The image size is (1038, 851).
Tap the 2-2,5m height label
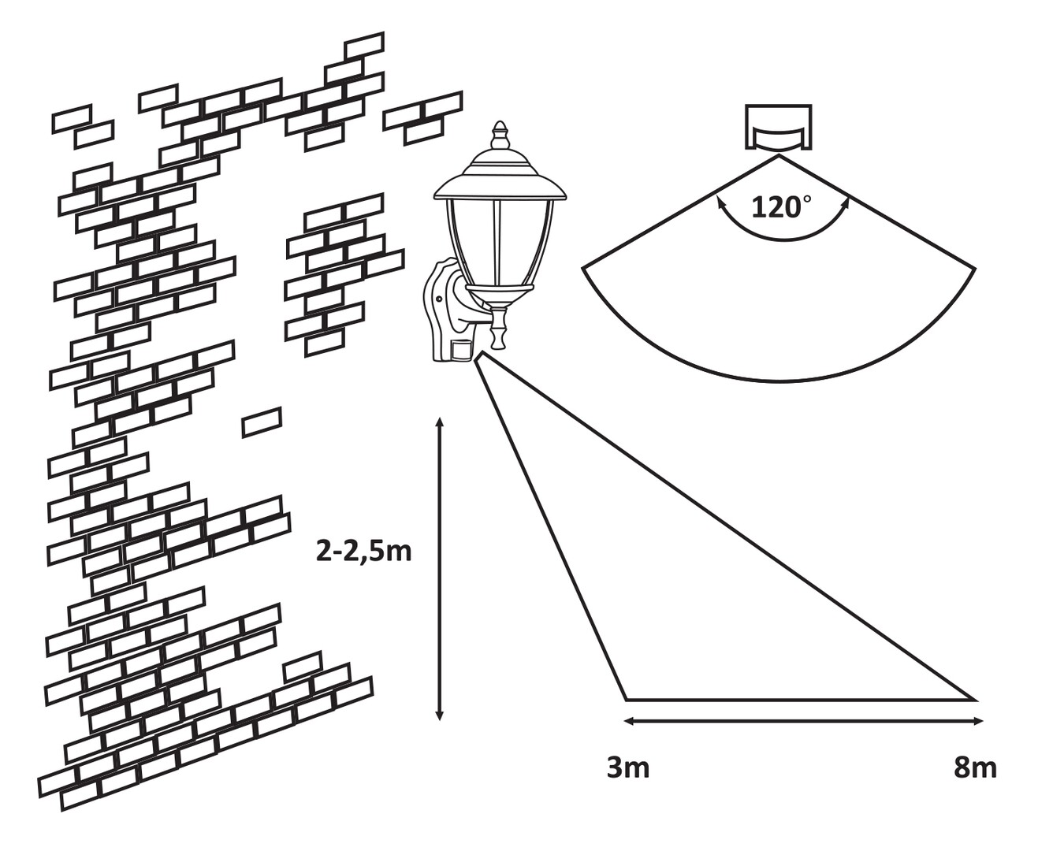(363, 551)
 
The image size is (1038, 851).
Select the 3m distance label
(628, 767)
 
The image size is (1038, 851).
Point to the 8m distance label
(974, 767)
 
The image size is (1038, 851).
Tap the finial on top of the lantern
(499, 136)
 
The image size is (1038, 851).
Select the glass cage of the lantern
(498, 244)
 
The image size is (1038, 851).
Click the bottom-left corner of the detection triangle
(627, 698)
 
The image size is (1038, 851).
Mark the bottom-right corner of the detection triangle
(974, 698)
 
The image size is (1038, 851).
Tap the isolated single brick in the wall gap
(262, 422)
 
